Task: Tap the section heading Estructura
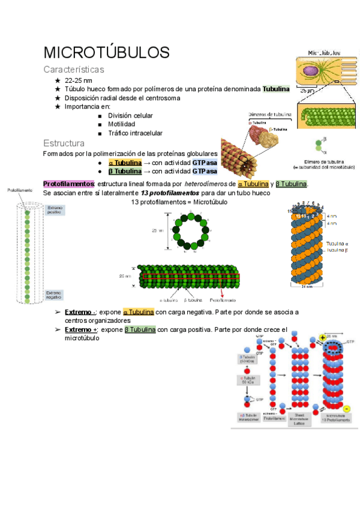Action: tap(64, 143)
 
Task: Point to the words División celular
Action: tap(130, 115)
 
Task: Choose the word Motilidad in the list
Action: tap(122, 124)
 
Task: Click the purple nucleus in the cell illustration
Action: tap(311, 70)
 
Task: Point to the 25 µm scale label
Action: tap(306, 91)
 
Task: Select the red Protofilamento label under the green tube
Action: tap(221, 299)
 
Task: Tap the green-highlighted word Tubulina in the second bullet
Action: tap(275, 89)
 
